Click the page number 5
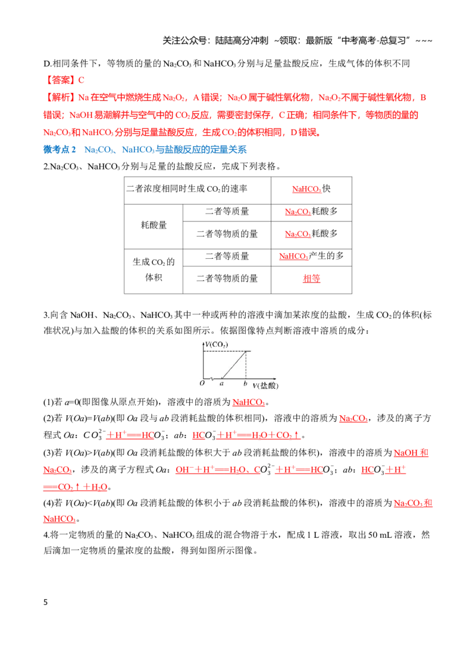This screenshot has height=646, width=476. pos(46,602)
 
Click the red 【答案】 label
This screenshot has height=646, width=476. pos(60,80)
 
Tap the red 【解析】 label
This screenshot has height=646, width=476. pos(60,97)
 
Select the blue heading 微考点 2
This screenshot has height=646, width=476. pos(59,149)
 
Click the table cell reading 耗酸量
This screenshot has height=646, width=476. pos(154,225)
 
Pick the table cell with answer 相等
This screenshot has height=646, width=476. pos(312,279)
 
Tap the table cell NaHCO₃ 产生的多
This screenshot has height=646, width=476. pos(312,256)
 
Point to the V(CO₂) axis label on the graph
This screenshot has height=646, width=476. pos(217,344)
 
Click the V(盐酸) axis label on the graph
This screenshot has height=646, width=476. pos(266,385)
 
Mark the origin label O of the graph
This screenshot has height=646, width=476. pos(202,383)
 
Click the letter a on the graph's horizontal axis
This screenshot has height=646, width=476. pos(222,384)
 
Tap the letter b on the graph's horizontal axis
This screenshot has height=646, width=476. pos(245,384)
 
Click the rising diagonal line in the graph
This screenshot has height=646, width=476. pos(234,365)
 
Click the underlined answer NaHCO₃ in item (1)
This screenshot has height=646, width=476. pos(249,402)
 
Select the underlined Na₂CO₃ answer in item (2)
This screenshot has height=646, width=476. pos(353,418)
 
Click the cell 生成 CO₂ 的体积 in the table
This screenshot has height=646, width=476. pos(154,270)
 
